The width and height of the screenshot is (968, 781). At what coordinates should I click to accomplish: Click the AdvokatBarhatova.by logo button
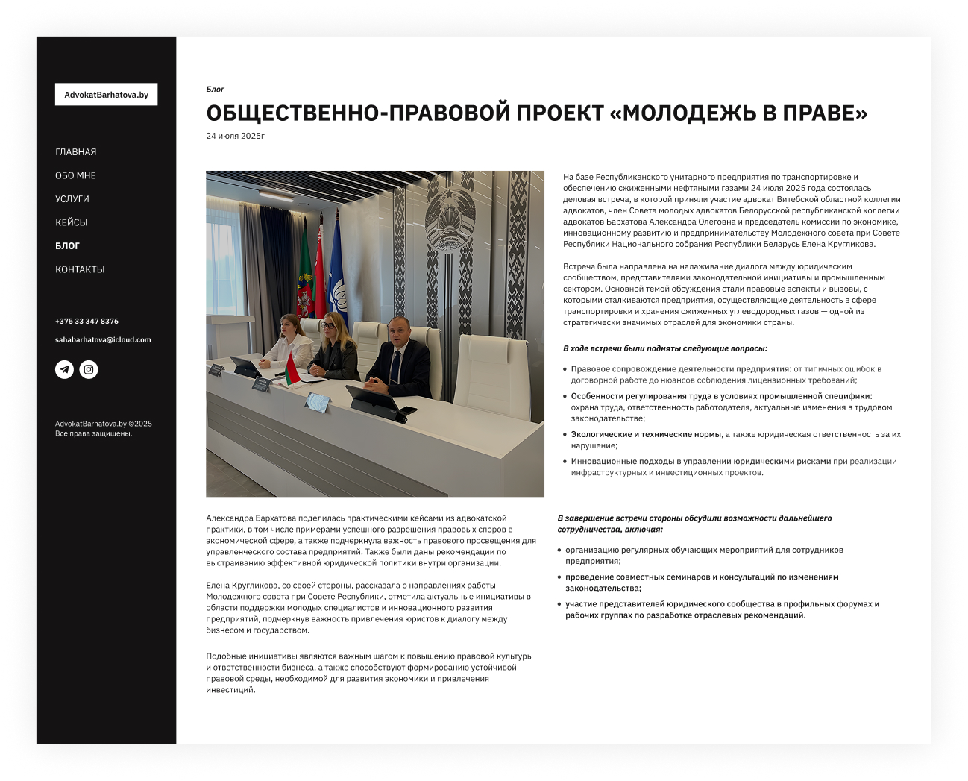pyautogui.click(x=106, y=95)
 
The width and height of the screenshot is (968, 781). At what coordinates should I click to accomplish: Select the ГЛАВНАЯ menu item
pyautogui.click(x=76, y=152)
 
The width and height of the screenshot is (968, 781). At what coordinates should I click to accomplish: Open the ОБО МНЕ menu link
pyautogui.click(x=75, y=175)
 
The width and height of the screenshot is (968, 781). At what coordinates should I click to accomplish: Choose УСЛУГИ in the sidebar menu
pyautogui.click(x=72, y=199)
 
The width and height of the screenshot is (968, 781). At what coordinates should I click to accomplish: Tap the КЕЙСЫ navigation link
pyautogui.click(x=72, y=222)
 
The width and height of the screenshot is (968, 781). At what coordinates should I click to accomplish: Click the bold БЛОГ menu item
pyautogui.click(x=67, y=246)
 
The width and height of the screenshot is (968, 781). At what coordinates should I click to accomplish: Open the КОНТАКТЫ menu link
pyautogui.click(x=80, y=269)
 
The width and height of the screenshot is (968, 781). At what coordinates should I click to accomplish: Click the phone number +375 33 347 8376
pyautogui.click(x=87, y=322)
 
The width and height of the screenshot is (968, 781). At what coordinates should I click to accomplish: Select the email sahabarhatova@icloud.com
pyautogui.click(x=103, y=340)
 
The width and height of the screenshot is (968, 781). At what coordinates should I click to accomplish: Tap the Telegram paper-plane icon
pyautogui.click(x=65, y=369)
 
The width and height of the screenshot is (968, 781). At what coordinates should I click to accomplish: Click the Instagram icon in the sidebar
pyautogui.click(x=89, y=369)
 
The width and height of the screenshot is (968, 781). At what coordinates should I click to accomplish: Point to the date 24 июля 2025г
pyautogui.click(x=236, y=136)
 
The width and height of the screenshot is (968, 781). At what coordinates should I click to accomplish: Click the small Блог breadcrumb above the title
pyautogui.click(x=216, y=90)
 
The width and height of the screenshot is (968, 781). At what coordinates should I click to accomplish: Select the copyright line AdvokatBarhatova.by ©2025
pyautogui.click(x=104, y=424)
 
